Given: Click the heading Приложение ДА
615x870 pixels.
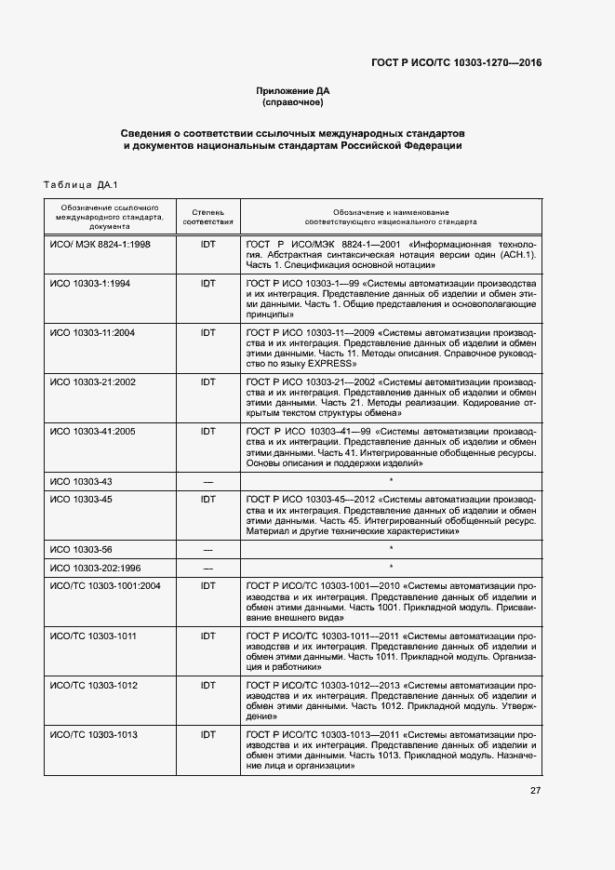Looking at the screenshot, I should pos(293,90).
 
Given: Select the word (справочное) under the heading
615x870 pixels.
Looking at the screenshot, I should pos(293,102).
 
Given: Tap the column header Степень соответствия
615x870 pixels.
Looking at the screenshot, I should pos(207,218).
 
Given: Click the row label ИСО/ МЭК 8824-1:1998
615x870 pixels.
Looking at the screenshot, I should pos(100,244).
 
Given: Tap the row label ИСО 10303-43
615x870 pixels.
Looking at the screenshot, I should pos(81,481).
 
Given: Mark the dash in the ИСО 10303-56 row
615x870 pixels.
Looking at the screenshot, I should pos(207,550).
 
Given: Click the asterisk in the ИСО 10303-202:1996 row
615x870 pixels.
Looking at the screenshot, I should pos(391,567).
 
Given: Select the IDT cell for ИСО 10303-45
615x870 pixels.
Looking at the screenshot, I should pos(207,501).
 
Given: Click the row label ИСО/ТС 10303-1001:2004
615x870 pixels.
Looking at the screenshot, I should pos(106,585).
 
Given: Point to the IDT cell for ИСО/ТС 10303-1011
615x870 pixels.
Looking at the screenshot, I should pos(207,636).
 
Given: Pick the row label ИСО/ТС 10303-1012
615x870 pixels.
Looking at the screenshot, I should pos(94,686).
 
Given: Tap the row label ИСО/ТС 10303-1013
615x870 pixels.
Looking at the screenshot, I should pos(94,735).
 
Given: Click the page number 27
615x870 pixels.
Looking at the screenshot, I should pos(535,791).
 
